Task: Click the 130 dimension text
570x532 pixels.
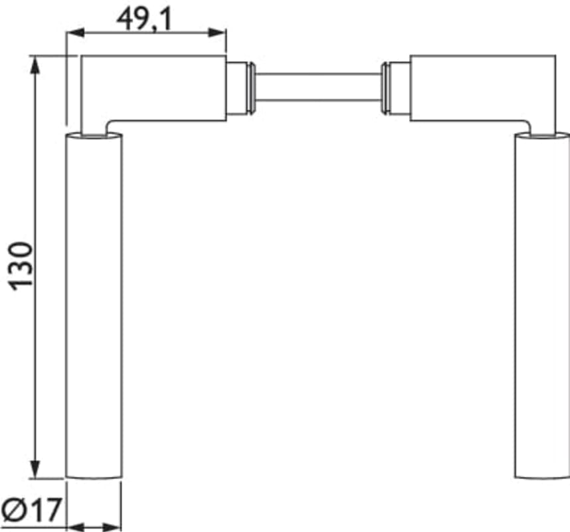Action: coord(21,266)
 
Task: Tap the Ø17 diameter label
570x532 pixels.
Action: coord(31,510)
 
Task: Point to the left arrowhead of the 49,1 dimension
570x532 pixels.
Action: coord(75,33)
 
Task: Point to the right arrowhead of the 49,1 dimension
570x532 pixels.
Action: coord(217,33)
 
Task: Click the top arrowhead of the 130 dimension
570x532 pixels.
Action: coord(35,65)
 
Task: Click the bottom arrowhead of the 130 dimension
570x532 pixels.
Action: coord(35,469)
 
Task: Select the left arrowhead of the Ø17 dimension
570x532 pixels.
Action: coord(76,527)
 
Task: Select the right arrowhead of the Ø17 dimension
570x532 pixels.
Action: coord(112,527)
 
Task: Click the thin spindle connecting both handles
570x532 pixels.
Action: coord(318,87)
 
